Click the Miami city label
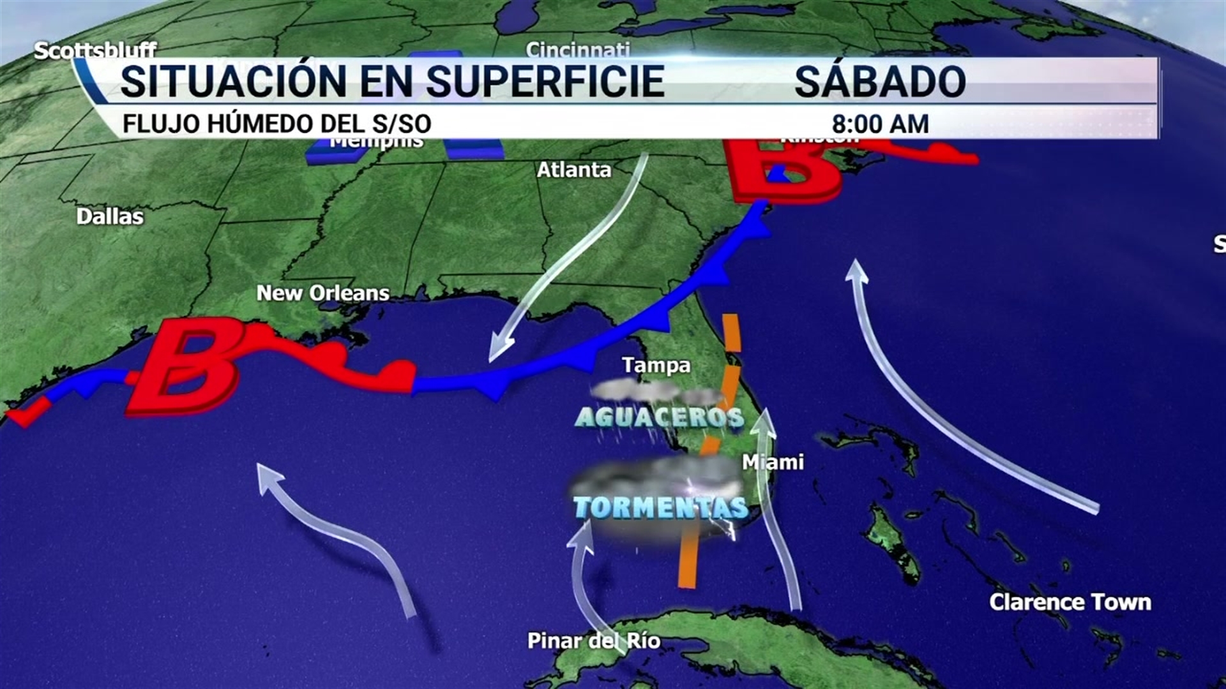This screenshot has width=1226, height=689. pyautogui.click(x=773, y=462)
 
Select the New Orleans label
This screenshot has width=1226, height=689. pyautogui.click(x=322, y=293)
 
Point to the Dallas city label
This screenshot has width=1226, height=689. pyautogui.click(x=110, y=216)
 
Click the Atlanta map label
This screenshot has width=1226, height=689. pyautogui.click(x=573, y=170)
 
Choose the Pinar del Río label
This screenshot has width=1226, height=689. pyautogui.click(x=593, y=641)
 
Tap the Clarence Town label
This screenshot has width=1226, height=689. pyautogui.click(x=1070, y=602)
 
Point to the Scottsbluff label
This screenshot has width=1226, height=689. pyautogui.click(x=95, y=50)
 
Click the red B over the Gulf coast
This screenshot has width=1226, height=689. pyautogui.click(x=185, y=366)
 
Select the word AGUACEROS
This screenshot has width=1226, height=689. pyautogui.click(x=660, y=417)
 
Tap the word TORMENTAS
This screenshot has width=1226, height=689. pyautogui.click(x=661, y=507)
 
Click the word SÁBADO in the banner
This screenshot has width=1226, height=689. pyautogui.click(x=879, y=81)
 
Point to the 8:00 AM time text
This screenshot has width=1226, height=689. pyautogui.click(x=880, y=124)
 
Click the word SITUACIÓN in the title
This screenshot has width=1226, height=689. pyautogui.click(x=233, y=81)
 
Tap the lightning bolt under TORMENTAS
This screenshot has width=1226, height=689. pyautogui.click(x=727, y=528)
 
